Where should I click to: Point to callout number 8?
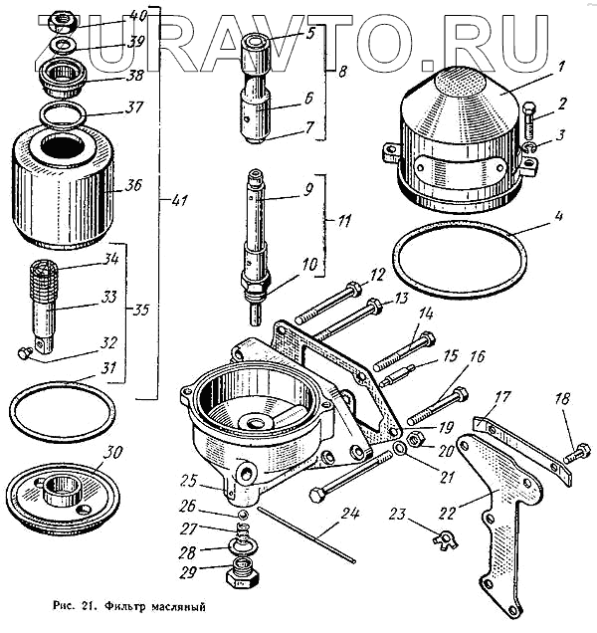point(343,72)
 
